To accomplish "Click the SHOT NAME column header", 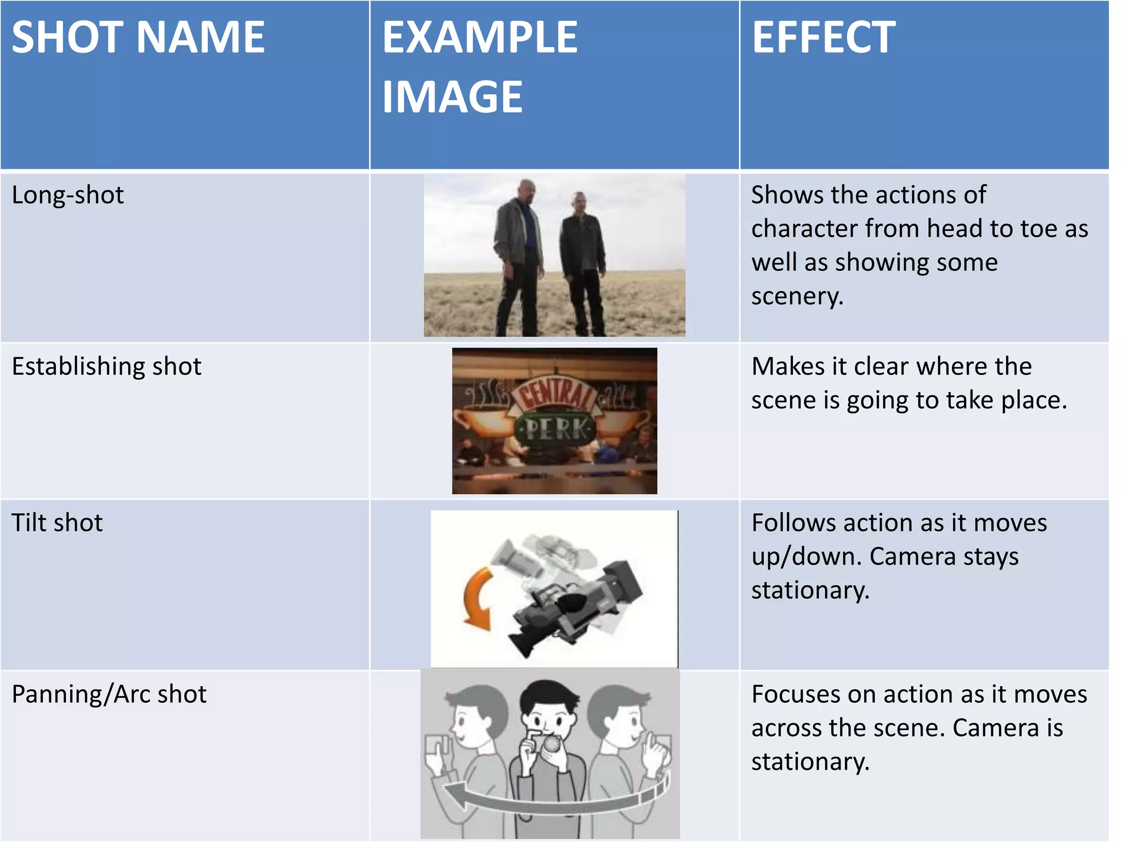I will pos(138,37).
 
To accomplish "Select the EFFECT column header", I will pos(824,37).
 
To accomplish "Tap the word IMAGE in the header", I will pos(452,97).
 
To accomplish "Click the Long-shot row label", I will pos(68,195).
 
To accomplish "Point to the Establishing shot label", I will pos(107,366).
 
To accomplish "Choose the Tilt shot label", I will pos(57,522).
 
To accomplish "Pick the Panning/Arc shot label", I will pos(109,694).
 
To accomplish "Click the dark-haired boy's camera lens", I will pos(552,744).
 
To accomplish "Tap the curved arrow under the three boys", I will pos(554,798).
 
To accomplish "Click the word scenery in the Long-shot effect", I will pos(797,297).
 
